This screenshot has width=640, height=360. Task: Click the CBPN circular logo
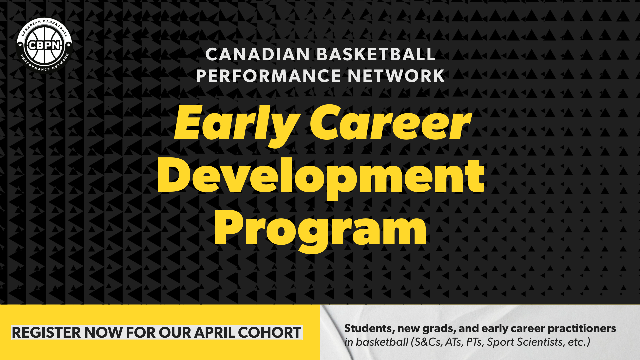44,45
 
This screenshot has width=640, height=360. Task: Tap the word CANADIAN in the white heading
257,54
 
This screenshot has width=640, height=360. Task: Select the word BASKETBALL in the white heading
376,54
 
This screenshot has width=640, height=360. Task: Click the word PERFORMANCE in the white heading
268,76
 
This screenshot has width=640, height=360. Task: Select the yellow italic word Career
390,123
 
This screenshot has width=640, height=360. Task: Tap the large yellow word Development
321,176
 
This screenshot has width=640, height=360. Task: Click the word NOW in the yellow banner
103,333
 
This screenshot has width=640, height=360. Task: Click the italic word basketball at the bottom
382,342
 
